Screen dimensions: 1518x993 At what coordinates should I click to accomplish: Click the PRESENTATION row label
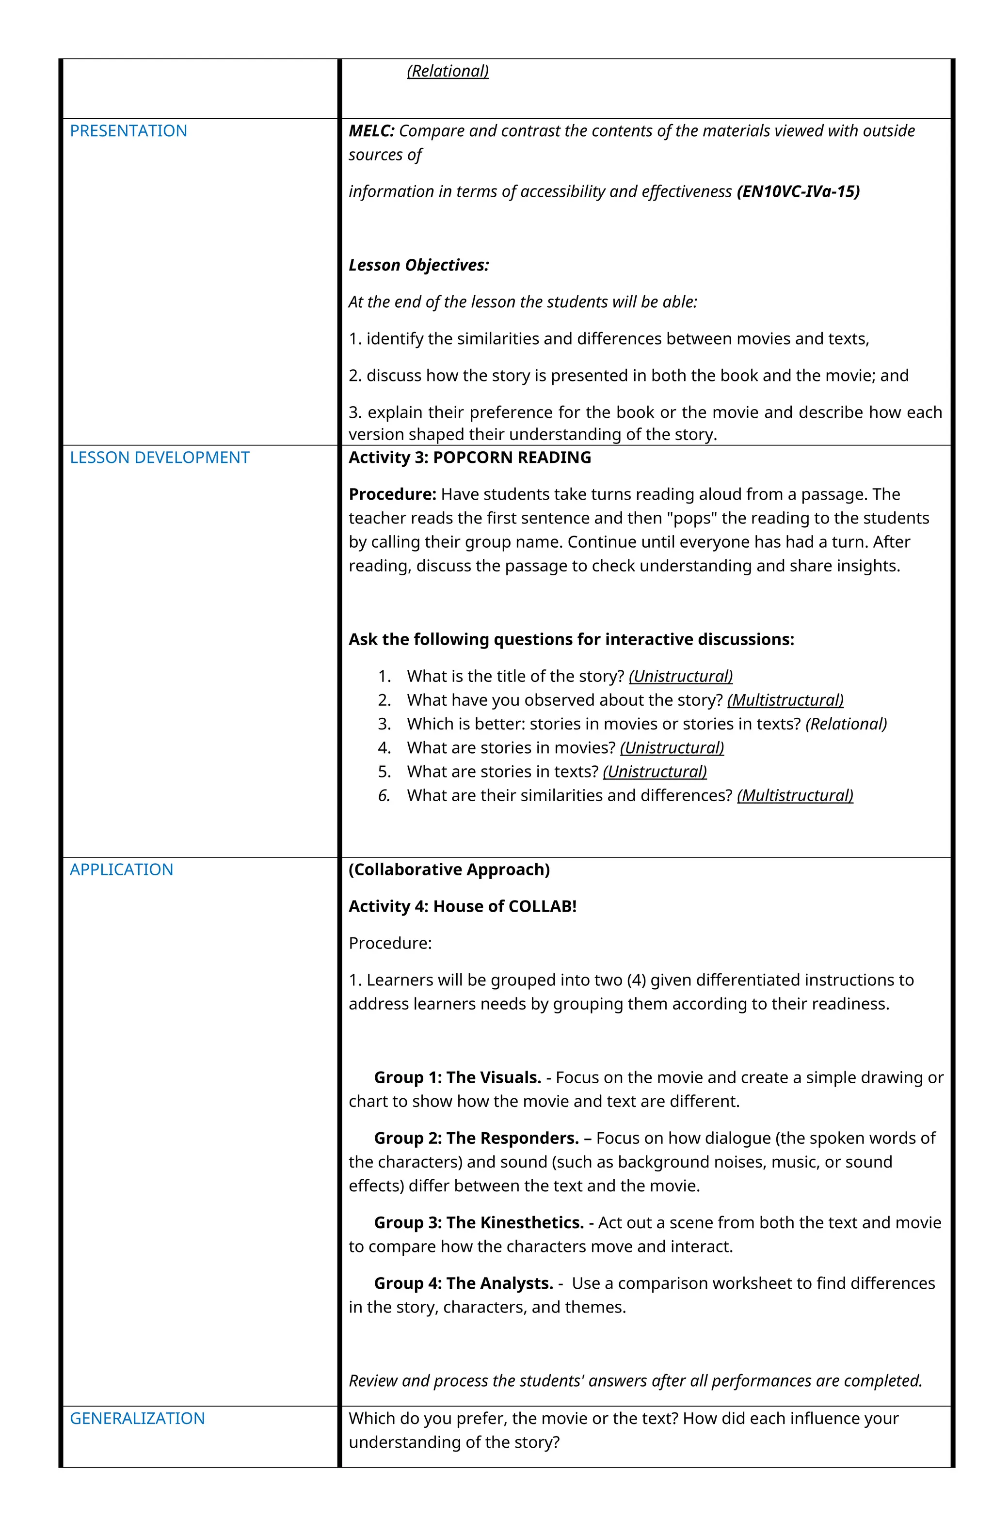coord(128,131)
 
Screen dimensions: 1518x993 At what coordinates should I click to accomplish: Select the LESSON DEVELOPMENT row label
coord(159,458)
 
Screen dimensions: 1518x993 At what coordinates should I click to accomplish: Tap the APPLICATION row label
coord(121,870)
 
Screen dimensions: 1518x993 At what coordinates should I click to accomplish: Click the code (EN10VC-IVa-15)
coord(798,191)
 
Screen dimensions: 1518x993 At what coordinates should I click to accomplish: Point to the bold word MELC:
coord(371,131)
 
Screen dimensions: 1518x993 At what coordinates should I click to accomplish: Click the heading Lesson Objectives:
coord(418,265)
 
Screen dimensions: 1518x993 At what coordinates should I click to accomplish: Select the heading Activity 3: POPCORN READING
coord(470,458)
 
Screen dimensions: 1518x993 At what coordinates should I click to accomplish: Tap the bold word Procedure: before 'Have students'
coord(392,494)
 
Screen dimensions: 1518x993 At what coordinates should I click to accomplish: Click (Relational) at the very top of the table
coord(448,71)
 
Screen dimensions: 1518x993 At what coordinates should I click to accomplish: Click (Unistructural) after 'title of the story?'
coord(680,676)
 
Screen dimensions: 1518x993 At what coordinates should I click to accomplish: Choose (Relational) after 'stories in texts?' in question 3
coord(846,724)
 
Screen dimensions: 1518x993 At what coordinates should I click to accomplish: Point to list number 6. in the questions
coord(384,795)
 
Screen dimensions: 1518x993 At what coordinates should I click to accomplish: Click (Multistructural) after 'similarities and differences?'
coord(795,795)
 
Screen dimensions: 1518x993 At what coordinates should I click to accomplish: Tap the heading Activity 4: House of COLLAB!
coord(462,906)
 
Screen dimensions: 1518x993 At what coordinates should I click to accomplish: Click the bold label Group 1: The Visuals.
coord(457,1077)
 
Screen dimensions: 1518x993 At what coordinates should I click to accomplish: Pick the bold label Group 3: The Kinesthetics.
coord(479,1223)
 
